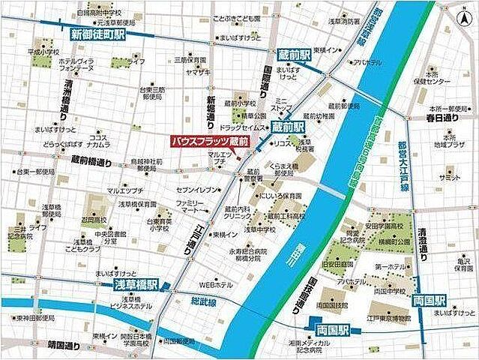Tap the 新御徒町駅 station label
[x=97, y=34]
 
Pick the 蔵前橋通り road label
[x=91, y=163]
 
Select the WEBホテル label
[x=217, y=284]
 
